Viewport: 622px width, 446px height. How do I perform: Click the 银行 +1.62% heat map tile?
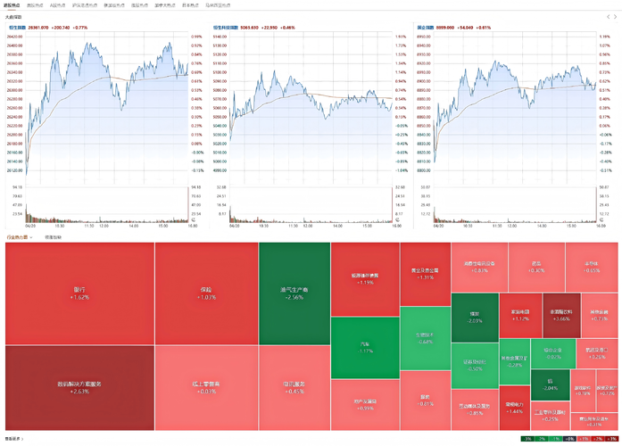79,293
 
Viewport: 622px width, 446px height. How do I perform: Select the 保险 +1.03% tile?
206,293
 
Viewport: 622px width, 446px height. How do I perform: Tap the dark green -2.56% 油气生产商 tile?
294,293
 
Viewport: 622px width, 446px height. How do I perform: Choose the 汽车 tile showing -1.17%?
365,348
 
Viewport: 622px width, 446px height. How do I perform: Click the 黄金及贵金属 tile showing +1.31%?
425,273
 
